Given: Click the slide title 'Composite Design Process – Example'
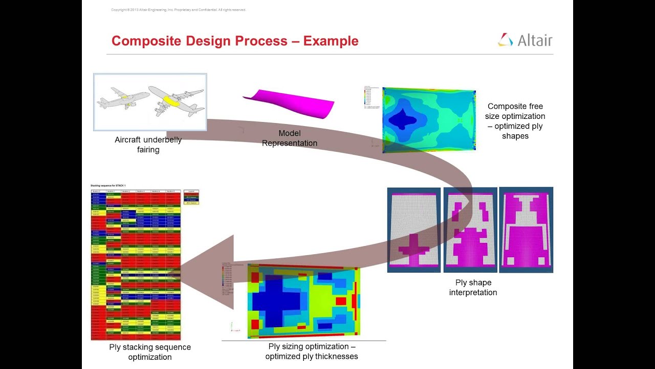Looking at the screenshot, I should (235, 41).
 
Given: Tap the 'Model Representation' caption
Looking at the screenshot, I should (290, 138).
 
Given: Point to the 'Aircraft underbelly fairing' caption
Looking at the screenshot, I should (148, 145).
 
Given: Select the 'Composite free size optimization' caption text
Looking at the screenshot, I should (515, 121).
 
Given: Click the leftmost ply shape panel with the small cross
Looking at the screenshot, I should (414, 230).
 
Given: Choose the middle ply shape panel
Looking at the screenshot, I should (470, 230).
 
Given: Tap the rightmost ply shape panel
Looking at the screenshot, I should (526, 230).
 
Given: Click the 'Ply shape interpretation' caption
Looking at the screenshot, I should (473, 288).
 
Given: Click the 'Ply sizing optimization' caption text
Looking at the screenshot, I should (312, 352).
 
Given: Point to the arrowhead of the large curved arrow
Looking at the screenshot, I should (205, 272).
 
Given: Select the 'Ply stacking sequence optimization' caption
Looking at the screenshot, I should (150, 352).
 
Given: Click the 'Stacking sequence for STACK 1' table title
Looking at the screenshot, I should (108, 186).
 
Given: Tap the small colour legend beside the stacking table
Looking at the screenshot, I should (191, 197).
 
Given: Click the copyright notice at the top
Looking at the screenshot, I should (179, 10).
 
